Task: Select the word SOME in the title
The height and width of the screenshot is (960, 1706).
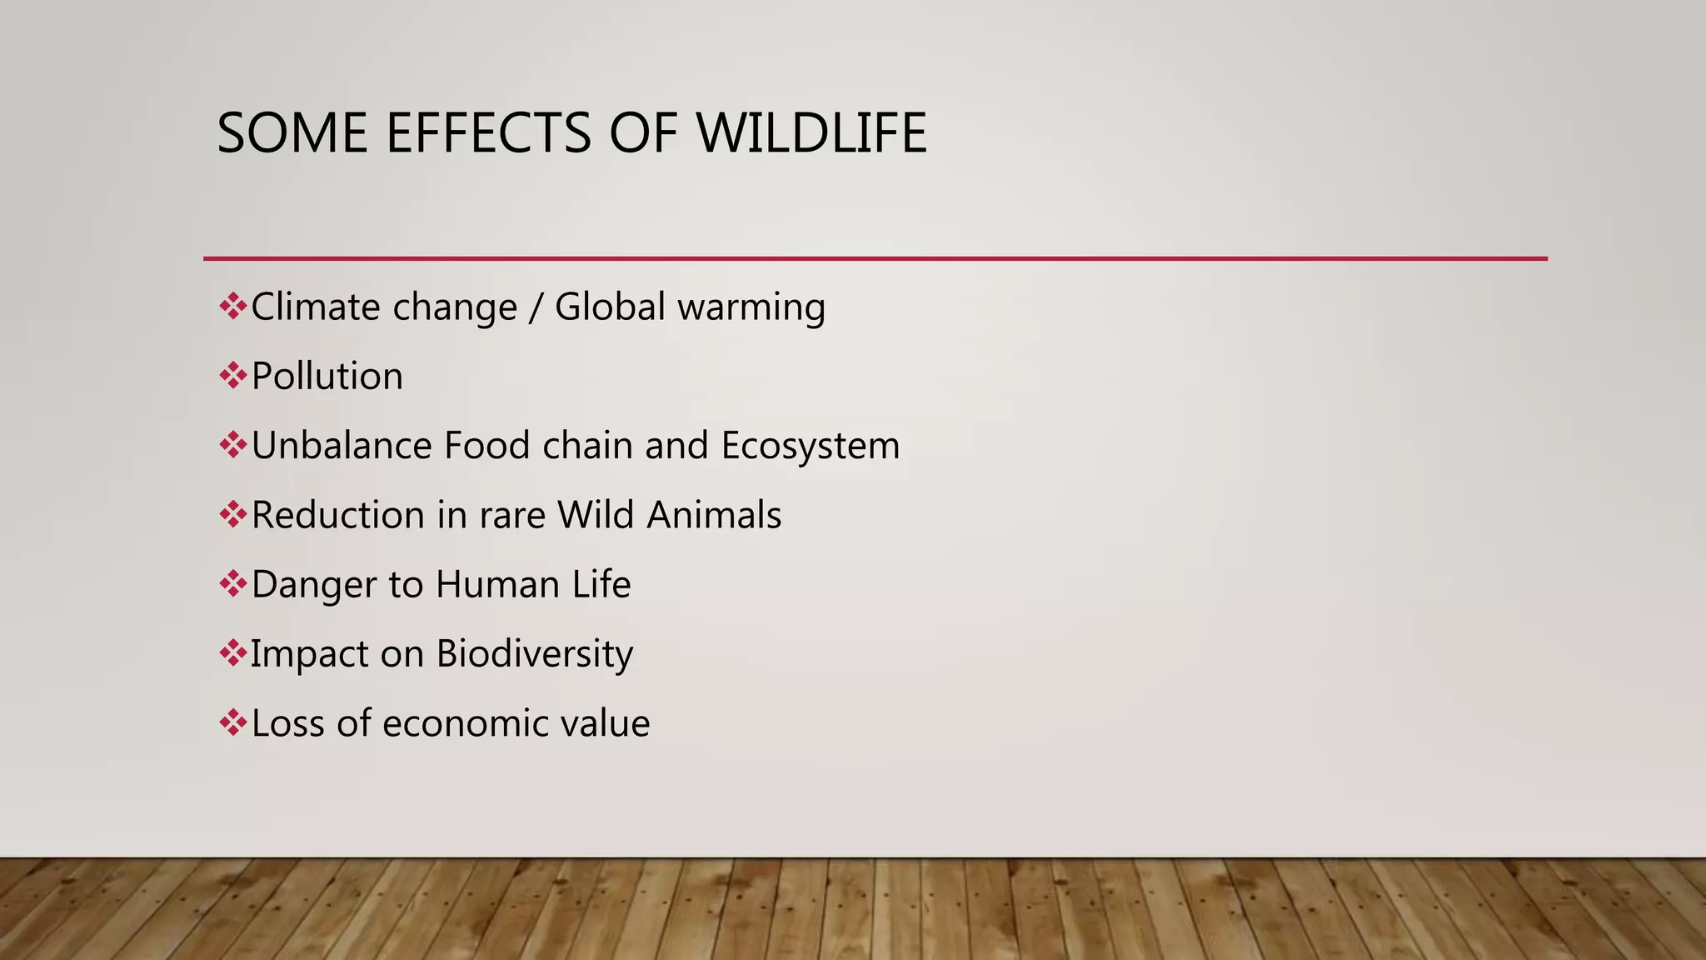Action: click(x=292, y=133)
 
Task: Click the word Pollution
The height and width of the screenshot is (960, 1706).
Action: click(x=327, y=377)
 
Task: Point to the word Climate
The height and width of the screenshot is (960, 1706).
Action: click(x=315, y=307)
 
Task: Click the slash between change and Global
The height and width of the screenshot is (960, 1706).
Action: click(x=536, y=307)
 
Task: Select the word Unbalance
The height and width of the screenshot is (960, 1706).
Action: click(x=341, y=446)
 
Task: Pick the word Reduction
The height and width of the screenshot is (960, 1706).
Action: click(x=338, y=515)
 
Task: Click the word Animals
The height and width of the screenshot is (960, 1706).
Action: click(x=714, y=515)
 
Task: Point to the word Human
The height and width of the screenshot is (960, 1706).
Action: click(x=497, y=584)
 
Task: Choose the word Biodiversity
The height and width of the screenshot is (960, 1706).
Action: click(x=534, y=654)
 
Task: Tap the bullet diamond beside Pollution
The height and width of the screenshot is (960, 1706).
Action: click(x=232, y=376)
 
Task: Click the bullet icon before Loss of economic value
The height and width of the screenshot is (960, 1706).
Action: click(x=232, y=722)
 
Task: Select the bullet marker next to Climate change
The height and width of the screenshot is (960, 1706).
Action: click(x=232, y=307)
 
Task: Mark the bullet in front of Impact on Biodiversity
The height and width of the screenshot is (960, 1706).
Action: click(x=232, y=653)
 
